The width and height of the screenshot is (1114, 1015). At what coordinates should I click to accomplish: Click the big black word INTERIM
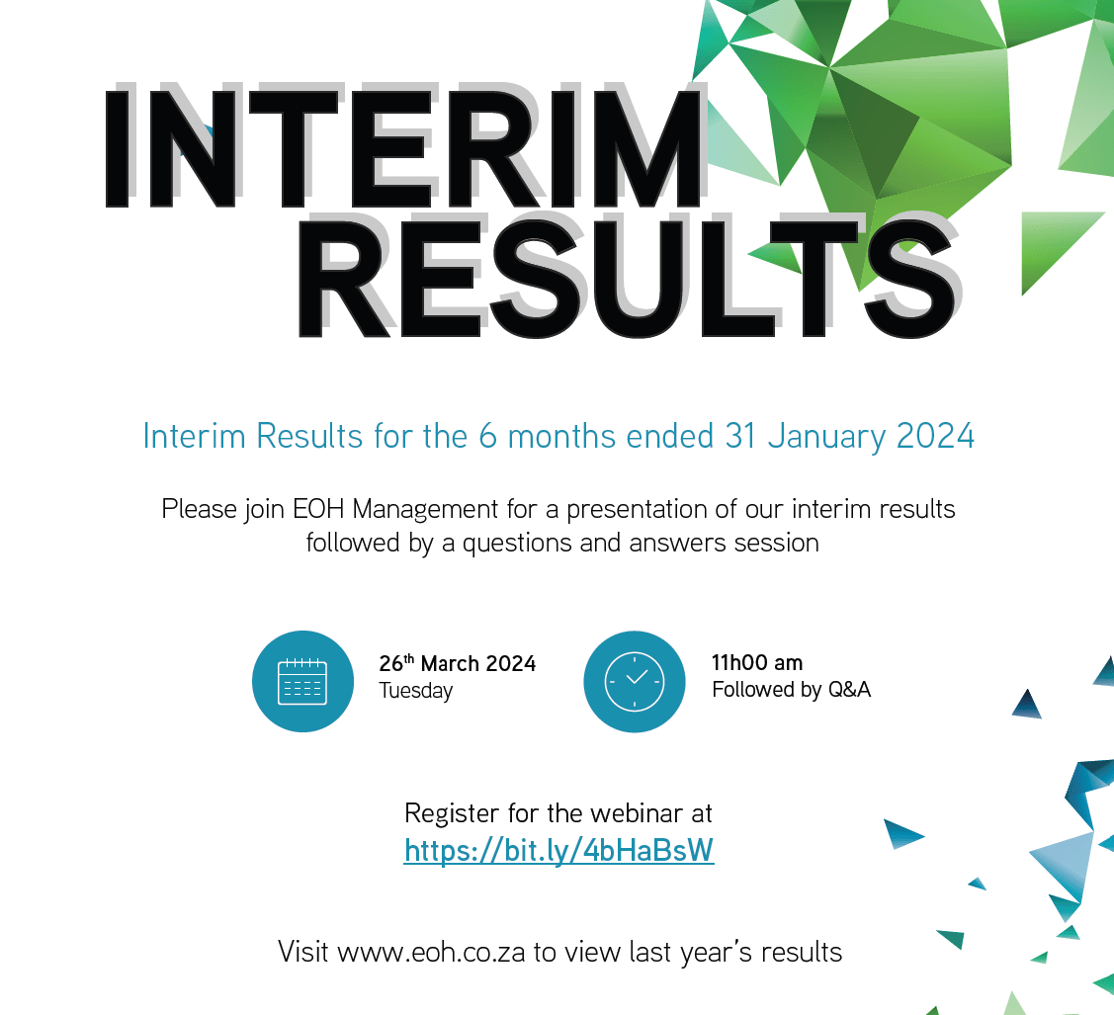click(x=403, y=147)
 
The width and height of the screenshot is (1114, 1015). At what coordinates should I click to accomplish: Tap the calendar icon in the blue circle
click(x=302, y=682)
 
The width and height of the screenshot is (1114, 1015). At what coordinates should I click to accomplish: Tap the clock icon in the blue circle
click(x=635, y=681)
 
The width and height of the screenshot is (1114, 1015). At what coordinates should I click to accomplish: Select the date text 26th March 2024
click(x=457, y=663)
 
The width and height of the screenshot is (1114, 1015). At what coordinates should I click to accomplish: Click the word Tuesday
click(x=415, y=691)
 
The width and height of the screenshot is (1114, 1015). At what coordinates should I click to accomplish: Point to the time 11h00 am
click(x=757, y=663)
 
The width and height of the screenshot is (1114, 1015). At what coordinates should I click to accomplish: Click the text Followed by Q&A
click(x=792, y=690)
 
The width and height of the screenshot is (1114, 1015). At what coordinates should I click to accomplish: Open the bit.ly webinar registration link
click(x=558, y=850)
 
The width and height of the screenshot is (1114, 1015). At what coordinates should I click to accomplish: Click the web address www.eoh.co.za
click(x=431, y=953)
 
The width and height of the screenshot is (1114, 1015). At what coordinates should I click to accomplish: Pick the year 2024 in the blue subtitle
click(x=935, y=436)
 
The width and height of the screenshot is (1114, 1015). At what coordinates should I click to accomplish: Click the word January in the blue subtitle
click(x=827, y=437)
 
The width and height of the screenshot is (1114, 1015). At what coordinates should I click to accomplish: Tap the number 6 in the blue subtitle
click(x=487, y=436)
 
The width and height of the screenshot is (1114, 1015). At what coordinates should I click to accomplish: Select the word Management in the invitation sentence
click(x=425, y=510)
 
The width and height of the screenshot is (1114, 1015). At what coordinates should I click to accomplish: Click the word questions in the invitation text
click(x=517, y=544)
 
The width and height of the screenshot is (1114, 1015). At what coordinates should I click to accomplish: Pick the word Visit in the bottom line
click(x=303, y=953)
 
